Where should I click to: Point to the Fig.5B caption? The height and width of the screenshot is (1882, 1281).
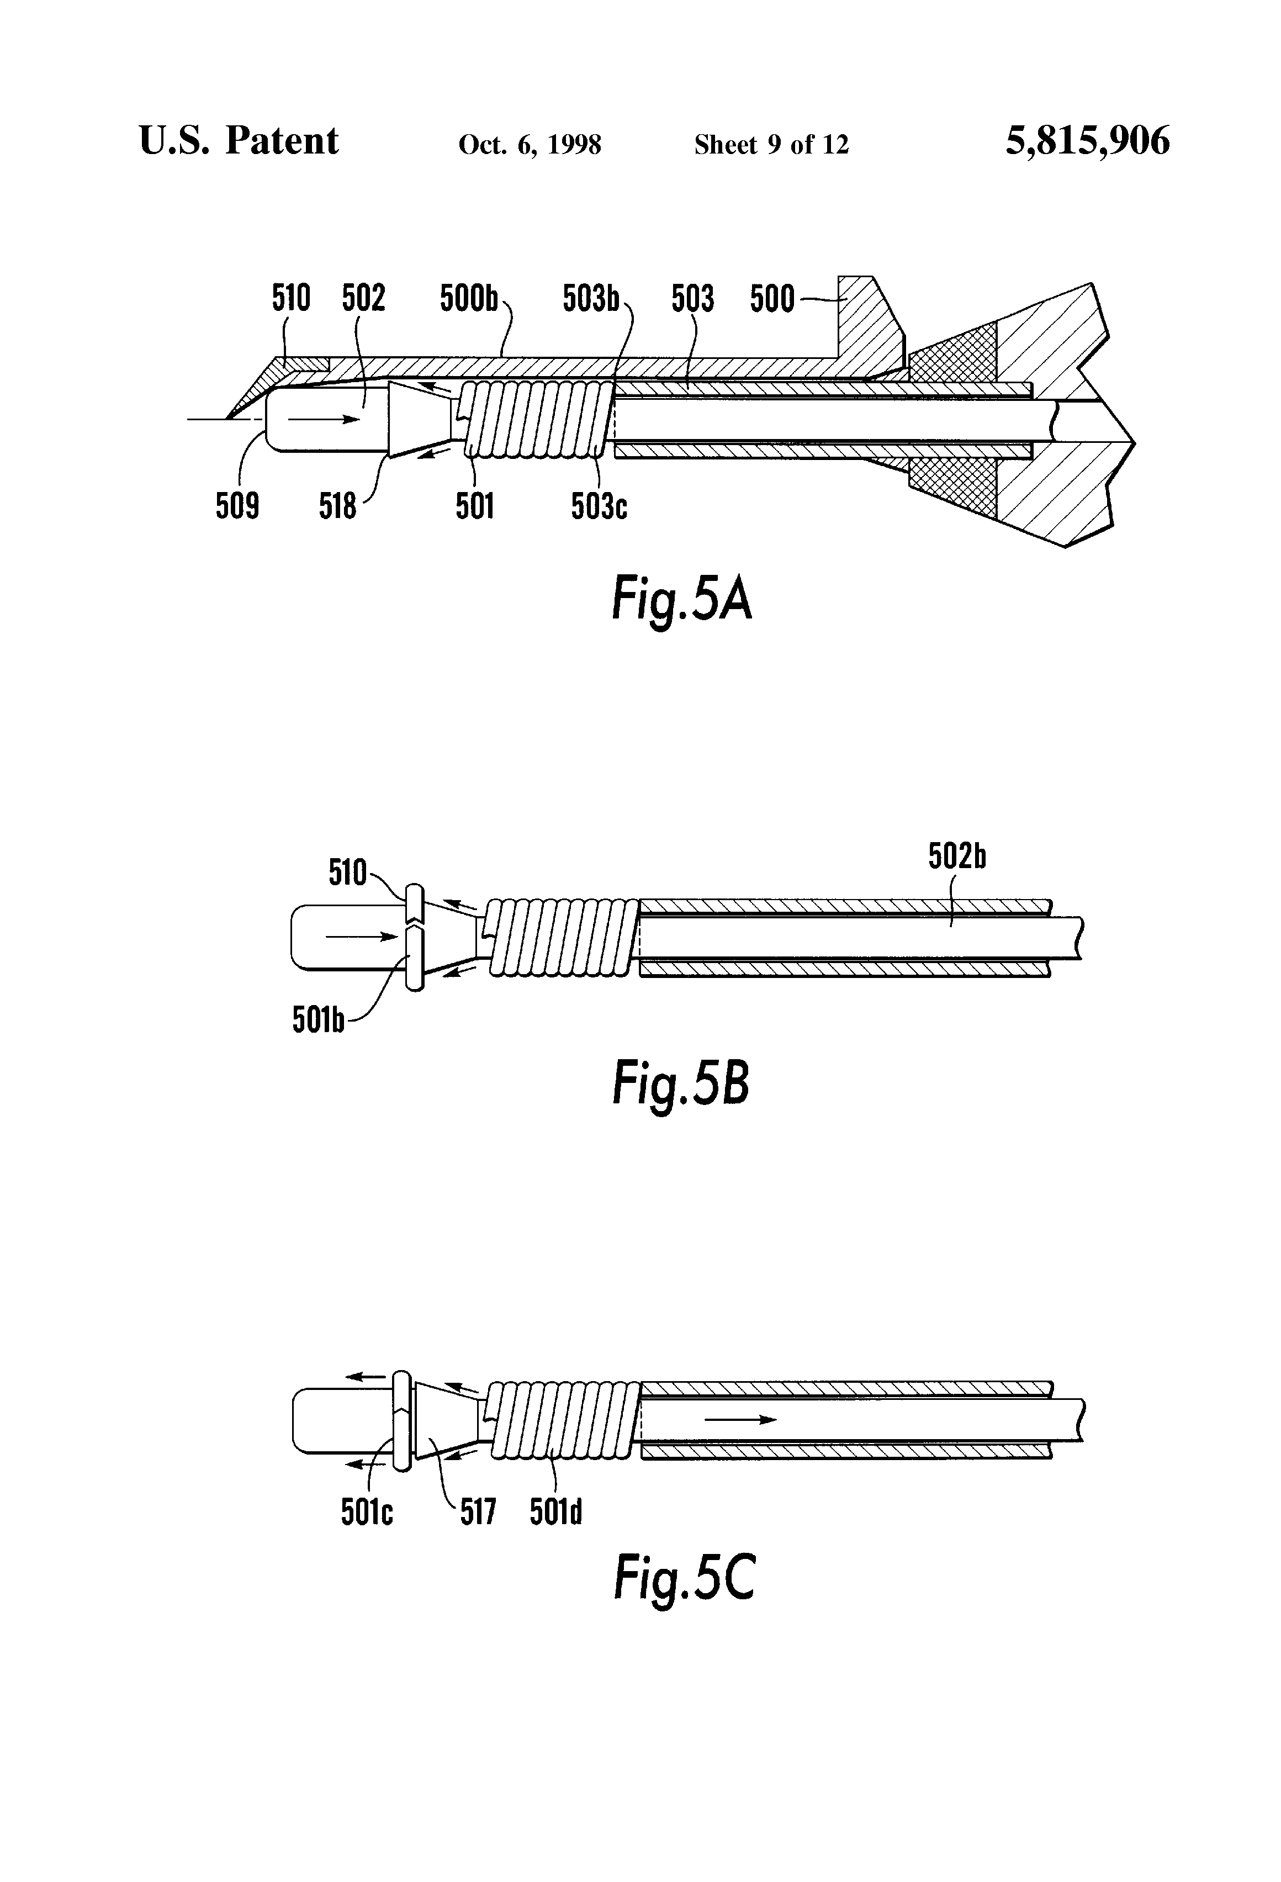pos(680,1085)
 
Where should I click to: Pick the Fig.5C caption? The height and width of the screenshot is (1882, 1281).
pos(684,1578)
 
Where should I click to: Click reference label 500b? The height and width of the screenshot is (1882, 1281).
pos(469,299)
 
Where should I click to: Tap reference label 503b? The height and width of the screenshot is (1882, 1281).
pos(590,299)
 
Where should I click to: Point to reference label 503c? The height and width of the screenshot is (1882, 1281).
pos(599,507)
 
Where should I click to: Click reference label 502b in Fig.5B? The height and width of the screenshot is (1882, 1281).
pos(956,857)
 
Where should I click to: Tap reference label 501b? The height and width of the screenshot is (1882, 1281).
pos(318,1021)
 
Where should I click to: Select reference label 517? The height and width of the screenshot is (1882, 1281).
pos(477,1512)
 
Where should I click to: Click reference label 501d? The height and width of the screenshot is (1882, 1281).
pos(555,1512)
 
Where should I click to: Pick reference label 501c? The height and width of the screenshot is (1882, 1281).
pos(367,1512)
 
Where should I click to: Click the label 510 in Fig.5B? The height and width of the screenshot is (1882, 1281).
pos(347,873)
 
